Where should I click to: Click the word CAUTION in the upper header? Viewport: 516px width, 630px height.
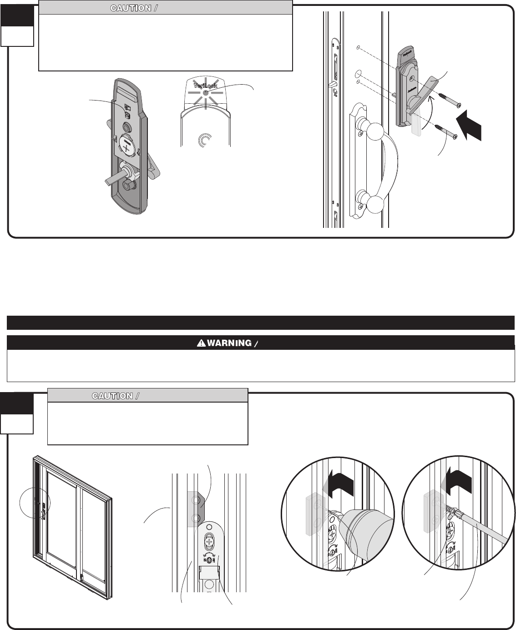(131, 8)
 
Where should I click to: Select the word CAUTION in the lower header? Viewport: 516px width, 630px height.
(112, 396)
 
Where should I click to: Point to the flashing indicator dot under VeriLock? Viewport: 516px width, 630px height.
(205, 92)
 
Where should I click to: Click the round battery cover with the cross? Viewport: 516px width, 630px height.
(127, 145)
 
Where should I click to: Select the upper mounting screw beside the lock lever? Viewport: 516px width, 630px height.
(448, 101)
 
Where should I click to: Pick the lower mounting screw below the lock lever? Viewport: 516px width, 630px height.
(446, 132)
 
